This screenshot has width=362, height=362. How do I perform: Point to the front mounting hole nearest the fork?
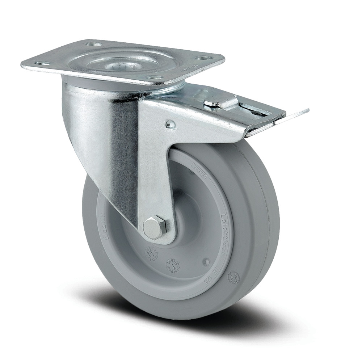point(154,77)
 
